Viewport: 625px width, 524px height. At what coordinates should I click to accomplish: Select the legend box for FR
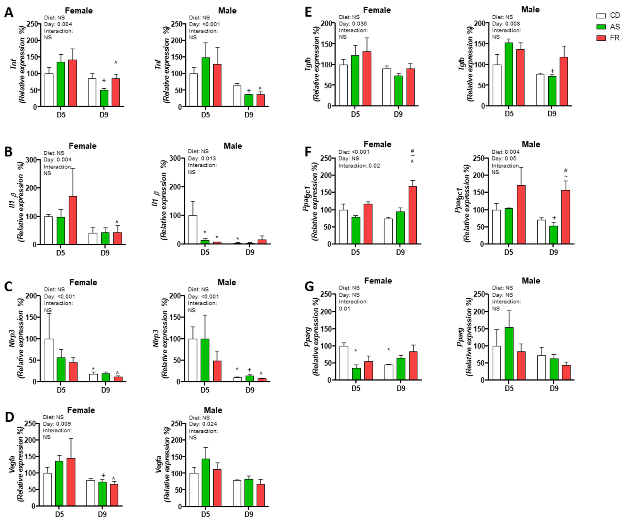pos(601,38)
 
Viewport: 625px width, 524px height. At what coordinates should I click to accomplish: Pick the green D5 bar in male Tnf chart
pos(206,82)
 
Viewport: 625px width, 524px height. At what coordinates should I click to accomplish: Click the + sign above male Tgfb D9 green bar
pos(552,71)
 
